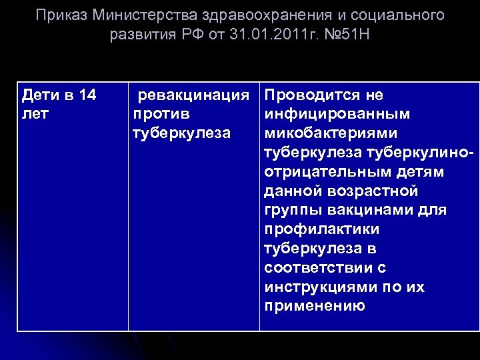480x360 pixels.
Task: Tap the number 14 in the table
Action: (x=87, y=95)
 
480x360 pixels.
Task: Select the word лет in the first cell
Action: (x=35, y=114)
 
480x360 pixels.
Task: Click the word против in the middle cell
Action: (x=161, y=114)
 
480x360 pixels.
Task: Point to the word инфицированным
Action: (x=337, y=114)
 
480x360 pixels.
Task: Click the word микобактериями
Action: (x=331, y=133)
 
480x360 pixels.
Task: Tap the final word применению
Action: (x=315, y=307)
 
